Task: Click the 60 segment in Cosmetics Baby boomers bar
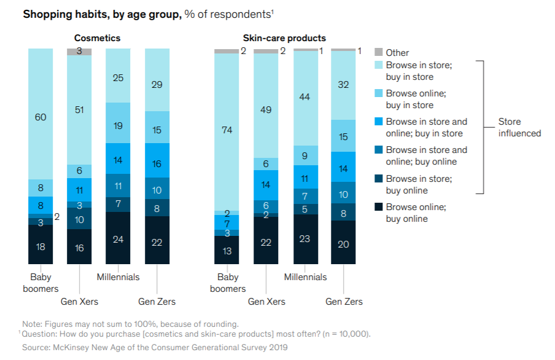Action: coord(41,117)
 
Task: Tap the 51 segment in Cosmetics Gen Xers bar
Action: coord(79,110)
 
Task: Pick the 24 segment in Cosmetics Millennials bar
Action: coord(118,239)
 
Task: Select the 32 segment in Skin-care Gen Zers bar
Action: coord(344,85)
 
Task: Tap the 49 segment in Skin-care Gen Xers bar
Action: coord(266,110)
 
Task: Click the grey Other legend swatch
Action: coord(378,53)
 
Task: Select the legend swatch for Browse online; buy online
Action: coord(378,207)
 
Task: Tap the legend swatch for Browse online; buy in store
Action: coord(378,93)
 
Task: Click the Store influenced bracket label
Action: coord(519,127)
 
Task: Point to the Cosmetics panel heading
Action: coord(97,38)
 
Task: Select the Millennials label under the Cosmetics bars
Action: coord(118,277)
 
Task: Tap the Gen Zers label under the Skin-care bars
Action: coord(344,302)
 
